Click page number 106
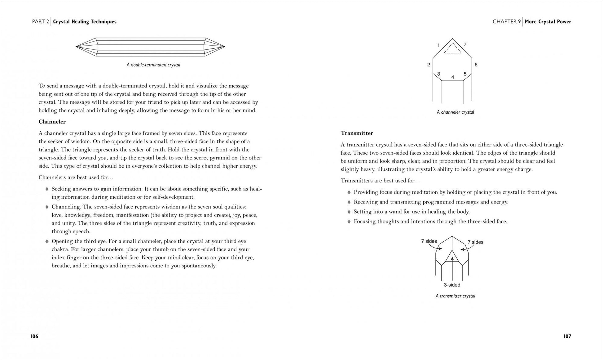(x=34, y=336)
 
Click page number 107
(x=567, y=336)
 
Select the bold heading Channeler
(x=52, y=122)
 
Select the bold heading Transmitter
(x=357, y=133)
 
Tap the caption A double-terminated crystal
(x=153, y=65)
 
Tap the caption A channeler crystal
(x=455, y=112)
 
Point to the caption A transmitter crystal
(x=455, y=296)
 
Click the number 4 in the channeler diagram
(x=453, y=77)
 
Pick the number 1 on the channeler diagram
(x=438, y=45)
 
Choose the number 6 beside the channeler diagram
(x=476, y=65)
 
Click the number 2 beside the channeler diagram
(x=429, y=65)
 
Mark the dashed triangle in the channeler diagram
(x=452, y=49)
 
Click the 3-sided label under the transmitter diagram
(x=452, y=285)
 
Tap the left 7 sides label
(x=429, y=241)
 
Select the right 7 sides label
(x=475, y=242)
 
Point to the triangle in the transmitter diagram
(x=452, y=257)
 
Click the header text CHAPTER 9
(x=507, y=22)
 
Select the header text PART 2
(x=41, y=22)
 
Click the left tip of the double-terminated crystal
(x=77, y=47)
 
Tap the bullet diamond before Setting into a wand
(x=349, y=212)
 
